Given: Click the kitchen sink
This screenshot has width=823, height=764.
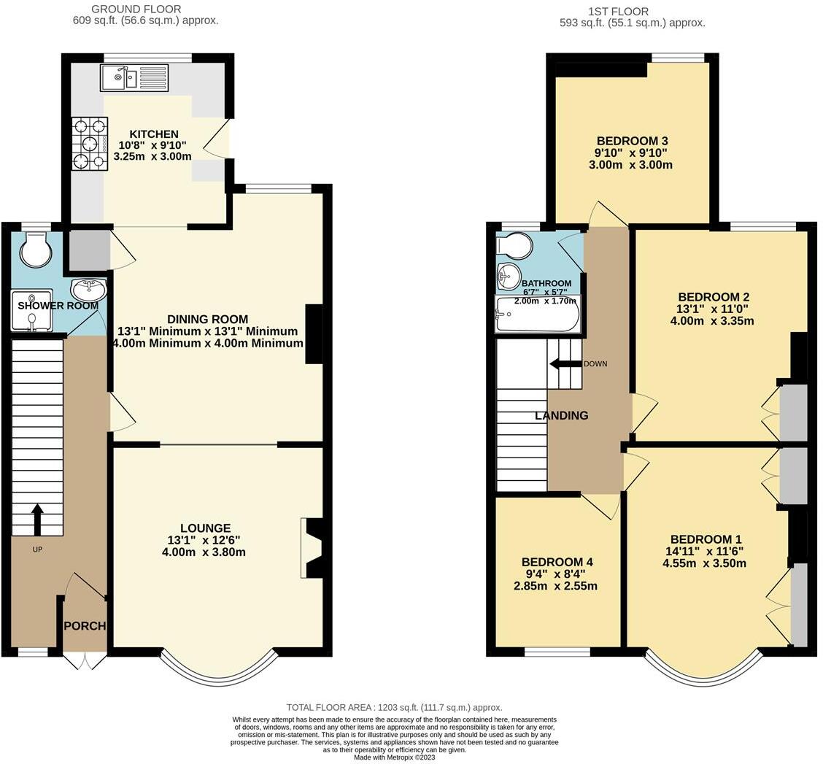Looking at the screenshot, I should coord(135,77).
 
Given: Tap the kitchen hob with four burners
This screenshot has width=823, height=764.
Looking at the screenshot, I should coord(89,144).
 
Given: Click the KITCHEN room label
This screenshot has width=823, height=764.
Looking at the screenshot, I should coord(153,134).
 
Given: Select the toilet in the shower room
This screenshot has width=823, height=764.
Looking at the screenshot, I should coord(35,250).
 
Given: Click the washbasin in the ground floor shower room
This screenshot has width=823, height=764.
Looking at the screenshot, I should coord(89,289).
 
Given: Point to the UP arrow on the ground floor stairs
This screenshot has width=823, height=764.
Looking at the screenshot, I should coord(36,519).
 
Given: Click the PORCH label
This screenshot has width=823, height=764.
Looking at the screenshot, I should coord(85,626).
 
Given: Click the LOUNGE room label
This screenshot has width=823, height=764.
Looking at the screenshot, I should coord(205,528).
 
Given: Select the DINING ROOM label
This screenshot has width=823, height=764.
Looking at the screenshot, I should coord(207,320).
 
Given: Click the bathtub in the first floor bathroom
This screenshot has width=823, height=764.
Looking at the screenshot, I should coord(538,315).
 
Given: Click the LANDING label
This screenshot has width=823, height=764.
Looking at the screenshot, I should coord(561,416).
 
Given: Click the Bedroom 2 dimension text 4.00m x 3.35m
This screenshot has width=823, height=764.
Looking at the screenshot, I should coord(712,321).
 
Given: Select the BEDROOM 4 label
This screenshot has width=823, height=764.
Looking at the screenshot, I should coord(557,562).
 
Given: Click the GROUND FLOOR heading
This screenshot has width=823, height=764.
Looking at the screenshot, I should coord(136,9).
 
